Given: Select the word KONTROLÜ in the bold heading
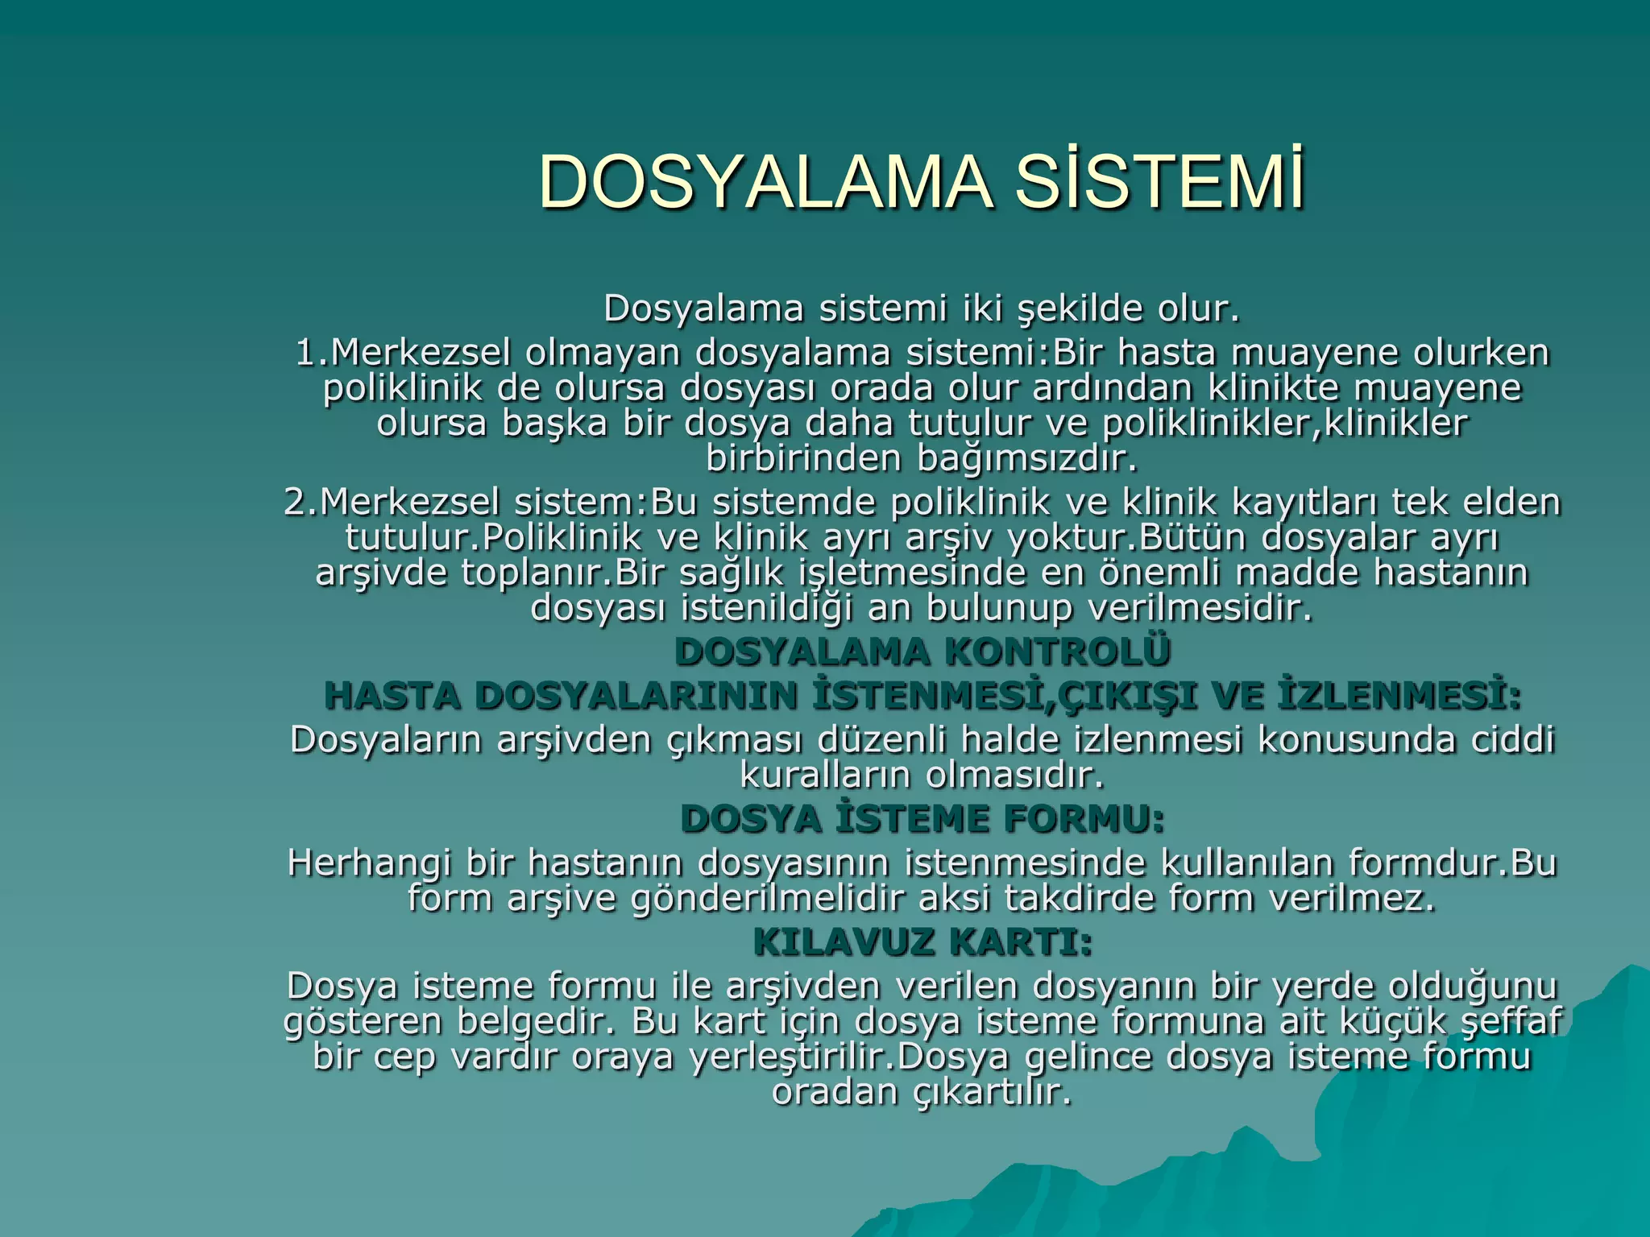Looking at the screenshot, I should point(1057,652).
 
